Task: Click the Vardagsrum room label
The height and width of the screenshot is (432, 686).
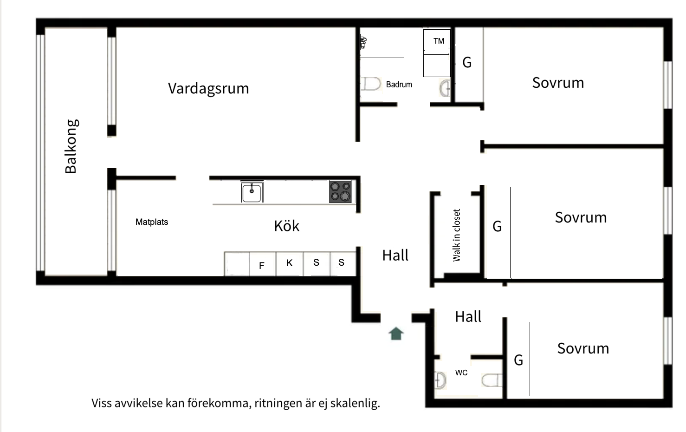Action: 208,88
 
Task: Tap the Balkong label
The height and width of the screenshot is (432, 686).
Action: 71,146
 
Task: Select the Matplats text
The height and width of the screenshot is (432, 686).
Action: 152,222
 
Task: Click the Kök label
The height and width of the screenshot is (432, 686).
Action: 286,226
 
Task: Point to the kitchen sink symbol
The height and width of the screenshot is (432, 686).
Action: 252,192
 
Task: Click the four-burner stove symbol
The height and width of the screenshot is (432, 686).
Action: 340,192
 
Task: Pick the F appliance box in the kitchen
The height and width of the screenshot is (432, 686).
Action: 262,265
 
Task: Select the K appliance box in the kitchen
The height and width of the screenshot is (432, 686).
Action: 290,263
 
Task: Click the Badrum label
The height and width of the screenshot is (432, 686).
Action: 399,85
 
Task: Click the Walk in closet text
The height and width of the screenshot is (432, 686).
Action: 457,235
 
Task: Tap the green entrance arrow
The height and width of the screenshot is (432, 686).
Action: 396,334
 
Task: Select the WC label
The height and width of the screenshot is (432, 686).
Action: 461,373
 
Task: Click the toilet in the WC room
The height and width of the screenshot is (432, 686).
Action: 492,380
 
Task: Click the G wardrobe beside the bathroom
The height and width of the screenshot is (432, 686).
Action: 467,63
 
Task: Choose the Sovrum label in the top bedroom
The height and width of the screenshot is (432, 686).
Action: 558,83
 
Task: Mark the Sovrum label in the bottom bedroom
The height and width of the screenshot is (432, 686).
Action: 583,348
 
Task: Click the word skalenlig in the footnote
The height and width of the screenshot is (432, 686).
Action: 355,403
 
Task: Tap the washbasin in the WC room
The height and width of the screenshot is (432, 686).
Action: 440,380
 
